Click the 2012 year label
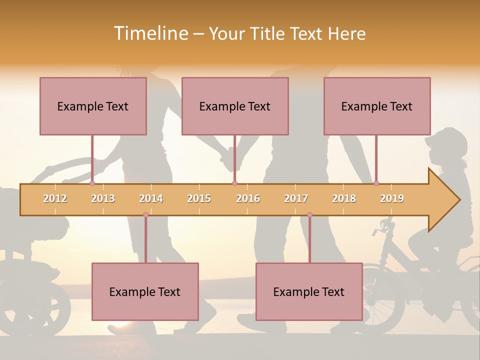pos(55,198)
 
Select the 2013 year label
pos(103,198)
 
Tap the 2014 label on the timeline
pos(151,198)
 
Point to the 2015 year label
pos(199,198)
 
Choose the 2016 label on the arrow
pos(248,198)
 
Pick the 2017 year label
pos(296,198)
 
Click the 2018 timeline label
pos(344,198)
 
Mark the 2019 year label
pos(392,198)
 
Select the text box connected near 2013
pos(93,106)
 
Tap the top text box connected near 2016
pos(235,106)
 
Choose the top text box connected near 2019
pos(377,106)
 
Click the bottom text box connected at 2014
pos(145,291)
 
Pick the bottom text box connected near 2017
pos(309,291)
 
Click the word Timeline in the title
pos(150,33)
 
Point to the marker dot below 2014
pos(145,215)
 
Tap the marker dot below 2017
pos(309,215)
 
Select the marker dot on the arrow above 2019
pos(376,183)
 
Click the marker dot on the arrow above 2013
pos(92,183)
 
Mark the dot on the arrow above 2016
pos(234,183)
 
